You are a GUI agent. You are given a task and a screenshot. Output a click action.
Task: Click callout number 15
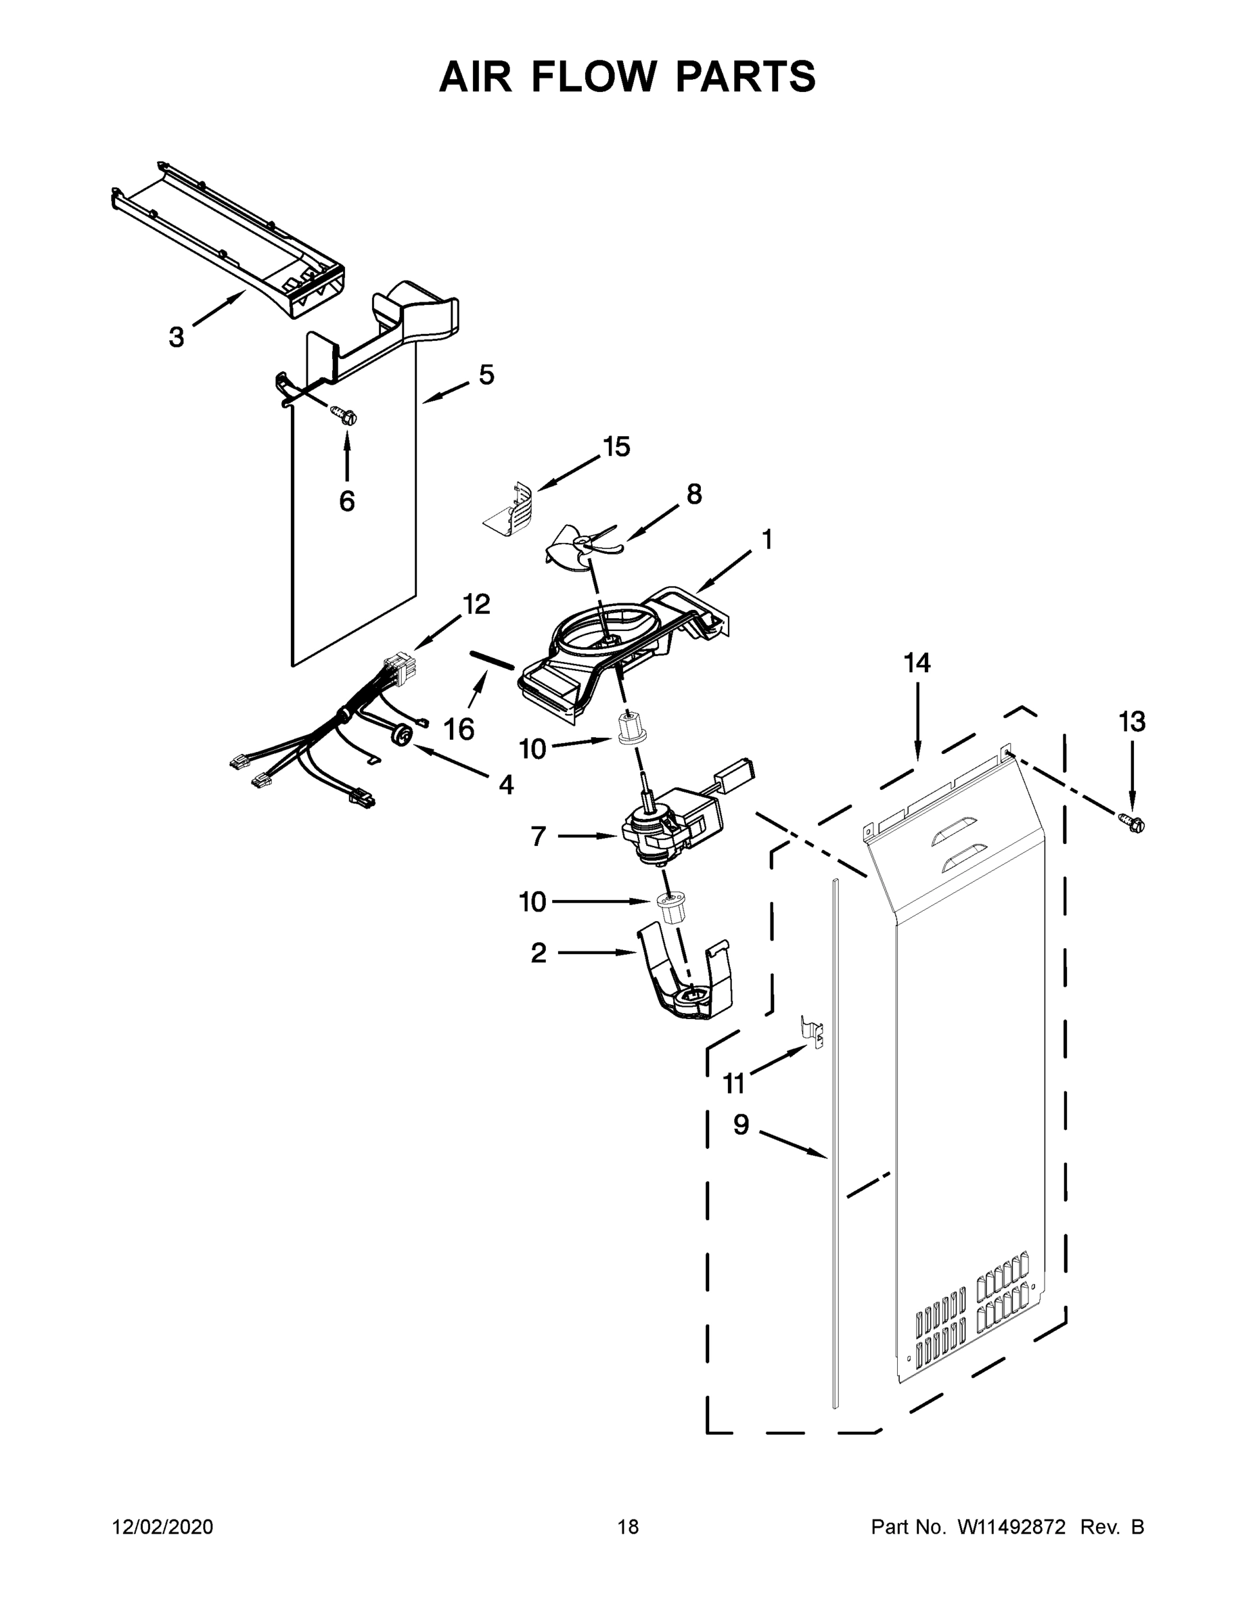[616, 446]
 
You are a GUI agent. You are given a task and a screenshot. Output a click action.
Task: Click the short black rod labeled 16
[491, 660]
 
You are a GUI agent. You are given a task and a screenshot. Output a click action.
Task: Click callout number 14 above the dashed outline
[917, 663]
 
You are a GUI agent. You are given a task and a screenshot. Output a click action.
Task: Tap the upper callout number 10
[532, 749]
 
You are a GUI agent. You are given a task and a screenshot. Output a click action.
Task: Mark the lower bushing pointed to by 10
[671, 908]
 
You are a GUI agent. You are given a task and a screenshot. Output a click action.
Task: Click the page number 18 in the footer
[629, 1527]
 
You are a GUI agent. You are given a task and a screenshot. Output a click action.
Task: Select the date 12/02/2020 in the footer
[163, 1527]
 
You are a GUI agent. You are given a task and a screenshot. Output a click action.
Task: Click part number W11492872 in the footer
[1011, 1527]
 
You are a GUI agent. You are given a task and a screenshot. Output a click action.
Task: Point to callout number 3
[176, 337]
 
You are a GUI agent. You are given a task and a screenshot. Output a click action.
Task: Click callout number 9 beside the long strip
[741, 1125]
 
